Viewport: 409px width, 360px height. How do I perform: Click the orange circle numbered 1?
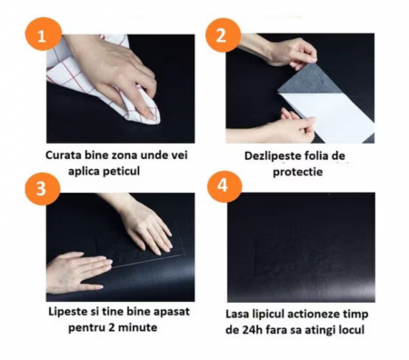(42, 34)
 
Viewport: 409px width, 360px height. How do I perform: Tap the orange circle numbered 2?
(223, 35)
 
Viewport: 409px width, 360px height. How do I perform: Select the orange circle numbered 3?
(43, 189)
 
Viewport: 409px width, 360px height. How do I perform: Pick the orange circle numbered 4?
(224, 185)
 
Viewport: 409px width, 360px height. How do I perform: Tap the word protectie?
(297, 172)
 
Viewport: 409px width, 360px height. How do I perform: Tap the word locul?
(351, 330)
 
